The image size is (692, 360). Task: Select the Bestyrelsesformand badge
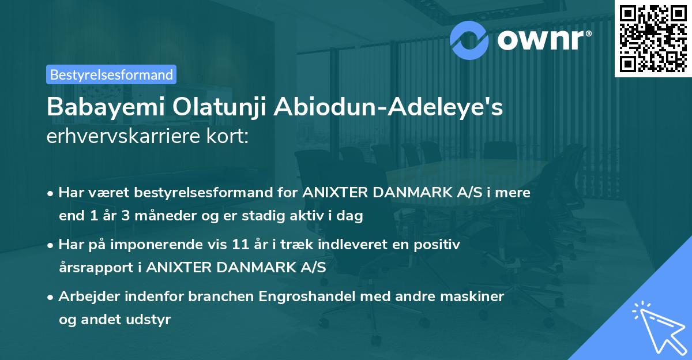click(111, 74)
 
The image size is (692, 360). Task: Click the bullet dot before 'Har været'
click(51, 193)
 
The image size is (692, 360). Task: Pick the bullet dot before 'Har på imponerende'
click(51, 245)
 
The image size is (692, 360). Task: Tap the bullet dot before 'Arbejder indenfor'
click(51, 297)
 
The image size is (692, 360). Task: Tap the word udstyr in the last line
click(151, 320)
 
